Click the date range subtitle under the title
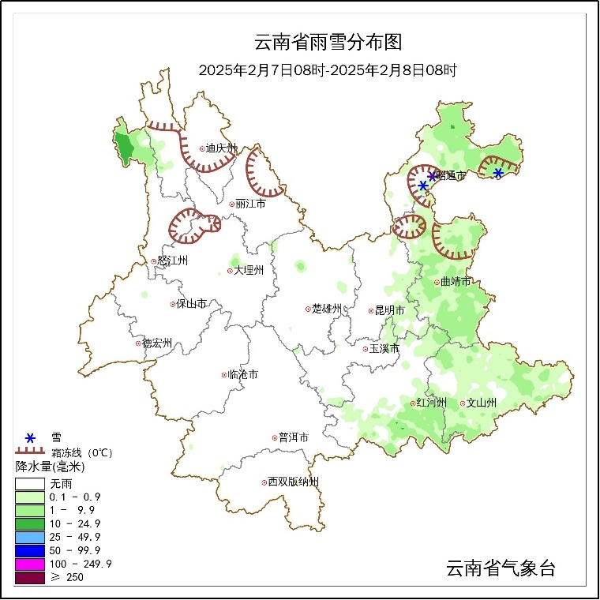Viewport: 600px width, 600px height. [328, 70]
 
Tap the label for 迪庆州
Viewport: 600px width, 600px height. [221, 148]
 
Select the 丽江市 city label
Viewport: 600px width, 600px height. [251, 204]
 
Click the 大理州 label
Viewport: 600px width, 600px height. [249, 270]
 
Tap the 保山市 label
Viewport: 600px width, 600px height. [192, 304]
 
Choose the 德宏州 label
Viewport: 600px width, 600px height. [157, 343]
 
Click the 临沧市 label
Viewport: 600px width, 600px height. [242, 375]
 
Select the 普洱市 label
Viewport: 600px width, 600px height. [293, 437]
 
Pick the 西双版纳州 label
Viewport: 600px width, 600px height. [293, 482]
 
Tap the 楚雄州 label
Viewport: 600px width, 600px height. [326, 309]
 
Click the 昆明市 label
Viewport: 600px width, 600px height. [389, 311]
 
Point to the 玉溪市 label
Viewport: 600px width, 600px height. [384, 348]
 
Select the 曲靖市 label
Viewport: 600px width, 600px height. [456, 282]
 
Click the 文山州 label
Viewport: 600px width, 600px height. [482, 403]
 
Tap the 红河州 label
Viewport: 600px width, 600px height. [432, 403]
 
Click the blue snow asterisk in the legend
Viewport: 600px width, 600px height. [30, 438]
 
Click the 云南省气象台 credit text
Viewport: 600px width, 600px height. [501, 568]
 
